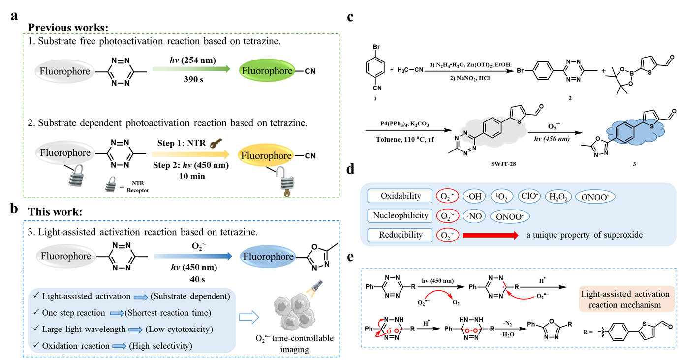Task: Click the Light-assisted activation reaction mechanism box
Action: pos(625,300)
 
